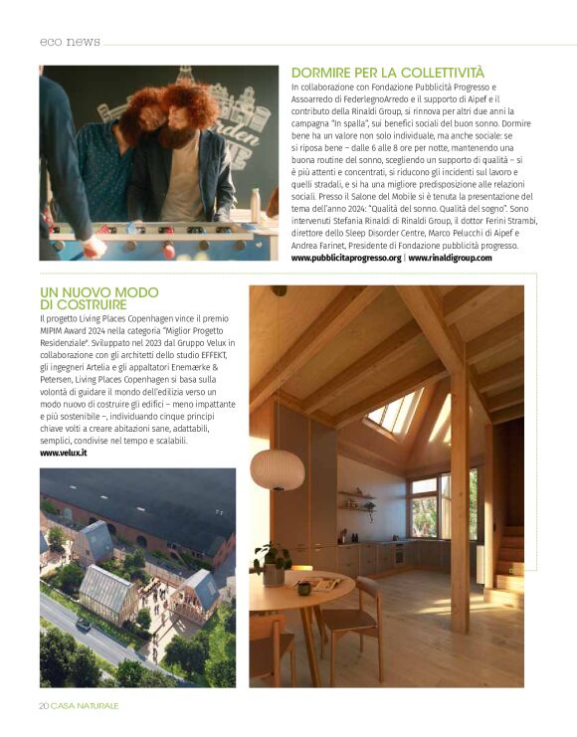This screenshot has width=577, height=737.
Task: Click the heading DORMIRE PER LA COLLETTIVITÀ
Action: pyautogui.click(x=387, y=73)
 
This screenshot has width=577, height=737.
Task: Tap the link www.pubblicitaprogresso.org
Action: pyautogui.click(x=345, y=258)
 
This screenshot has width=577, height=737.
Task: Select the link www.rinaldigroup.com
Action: pyautogui.click(x=450, y=258)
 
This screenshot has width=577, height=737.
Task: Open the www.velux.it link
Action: pyautogui.click(x=64, y=453)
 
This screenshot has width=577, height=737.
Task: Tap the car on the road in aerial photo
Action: pyautogui.click(x=84, y=625)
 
